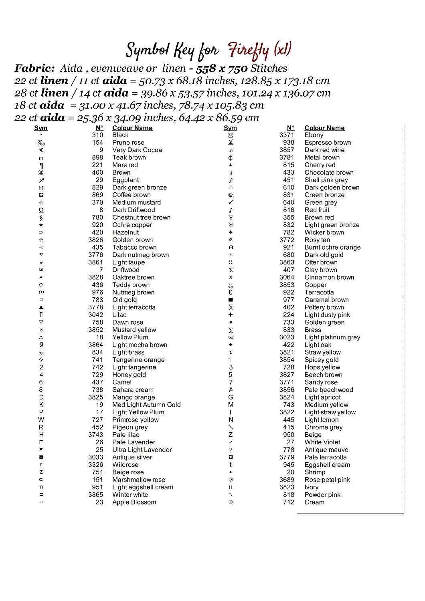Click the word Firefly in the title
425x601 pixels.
249,51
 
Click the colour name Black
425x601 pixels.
120,135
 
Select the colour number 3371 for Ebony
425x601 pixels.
287,135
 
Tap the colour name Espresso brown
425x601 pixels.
328,143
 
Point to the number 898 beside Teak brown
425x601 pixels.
97,157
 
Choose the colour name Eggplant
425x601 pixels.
125,180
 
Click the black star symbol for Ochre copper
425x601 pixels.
41,225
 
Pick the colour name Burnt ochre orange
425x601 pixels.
332,248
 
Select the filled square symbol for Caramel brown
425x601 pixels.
231,300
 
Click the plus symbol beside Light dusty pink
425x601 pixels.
231,315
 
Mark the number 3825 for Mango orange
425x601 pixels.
96,397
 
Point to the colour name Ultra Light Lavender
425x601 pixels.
142,450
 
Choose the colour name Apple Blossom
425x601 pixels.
134,502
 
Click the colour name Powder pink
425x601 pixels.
322,495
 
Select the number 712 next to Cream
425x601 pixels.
289,502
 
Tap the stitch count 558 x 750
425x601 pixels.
221,69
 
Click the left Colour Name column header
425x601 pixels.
132,128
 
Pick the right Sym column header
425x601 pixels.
230,128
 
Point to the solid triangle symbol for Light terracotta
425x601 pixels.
41,307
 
